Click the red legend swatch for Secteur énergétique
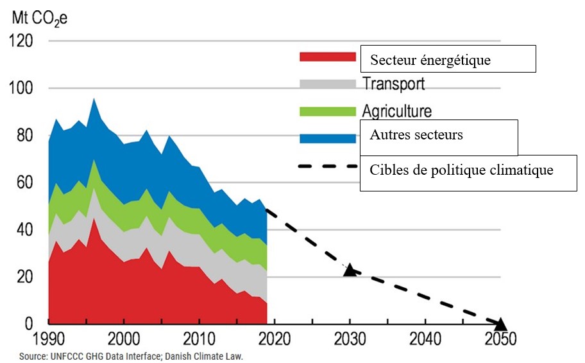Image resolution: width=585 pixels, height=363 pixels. [x=327, y=57]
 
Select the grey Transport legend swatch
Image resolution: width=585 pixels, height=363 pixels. [x=327, y=84]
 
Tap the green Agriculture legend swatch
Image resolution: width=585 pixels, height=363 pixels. [x=327, y=111]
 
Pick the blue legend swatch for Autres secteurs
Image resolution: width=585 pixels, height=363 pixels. [x=327, y=137]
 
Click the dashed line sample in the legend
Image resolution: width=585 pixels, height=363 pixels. [x=327, y=166]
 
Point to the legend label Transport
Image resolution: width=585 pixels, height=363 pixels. [x=393, y=84]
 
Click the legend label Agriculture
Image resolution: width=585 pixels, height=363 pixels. [x=396, y=111]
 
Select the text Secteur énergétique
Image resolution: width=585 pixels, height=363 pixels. [x=430, y=61]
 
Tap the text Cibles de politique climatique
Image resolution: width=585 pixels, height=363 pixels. [x=461, y=171]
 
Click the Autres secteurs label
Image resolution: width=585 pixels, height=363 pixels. [x=416, y=136]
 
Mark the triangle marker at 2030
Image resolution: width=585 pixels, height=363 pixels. [x=350, y=270]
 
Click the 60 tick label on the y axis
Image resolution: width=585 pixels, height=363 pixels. [x=24, y=183]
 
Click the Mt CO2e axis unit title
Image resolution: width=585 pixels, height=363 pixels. [x=39, y=17]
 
